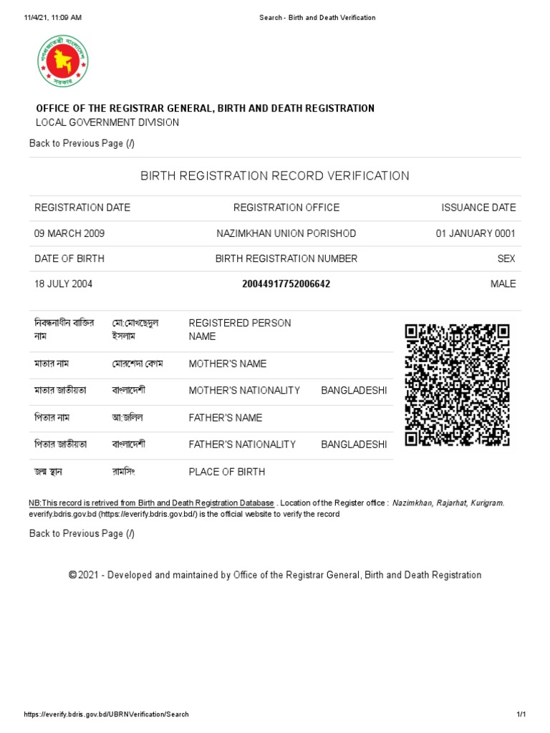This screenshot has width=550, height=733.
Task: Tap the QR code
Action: [x=457, y=385]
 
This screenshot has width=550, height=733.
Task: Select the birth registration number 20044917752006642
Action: [x=286, y=284]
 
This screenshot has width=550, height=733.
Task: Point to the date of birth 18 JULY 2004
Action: [x=64, y=284]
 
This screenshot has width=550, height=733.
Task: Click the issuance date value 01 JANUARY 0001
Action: [x=476, y=234]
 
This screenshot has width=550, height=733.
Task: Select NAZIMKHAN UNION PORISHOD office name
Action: [x=286, y=234]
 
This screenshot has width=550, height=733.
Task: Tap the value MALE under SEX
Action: [x=503, y=284]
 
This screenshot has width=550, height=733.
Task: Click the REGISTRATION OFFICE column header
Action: [x=286, y=208]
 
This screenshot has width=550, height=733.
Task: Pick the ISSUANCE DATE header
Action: [x=478, y=208]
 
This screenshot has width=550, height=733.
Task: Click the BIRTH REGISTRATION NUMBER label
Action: [x=286, y=258]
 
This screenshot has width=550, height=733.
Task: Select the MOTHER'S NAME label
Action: [x=227, y=364]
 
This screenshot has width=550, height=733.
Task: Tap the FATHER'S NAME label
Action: [x=226, y=417]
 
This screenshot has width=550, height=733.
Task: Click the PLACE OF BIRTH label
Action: [x=226, y=472]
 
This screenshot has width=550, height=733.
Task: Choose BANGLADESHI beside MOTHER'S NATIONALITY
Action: [x=354, y=390]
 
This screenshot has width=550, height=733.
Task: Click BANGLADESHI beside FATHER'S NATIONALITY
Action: [x=354, y=445]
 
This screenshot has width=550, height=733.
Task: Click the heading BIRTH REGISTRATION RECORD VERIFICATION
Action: [x=275, y=176]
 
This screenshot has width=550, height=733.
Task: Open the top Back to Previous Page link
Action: [x=82, y=143]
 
